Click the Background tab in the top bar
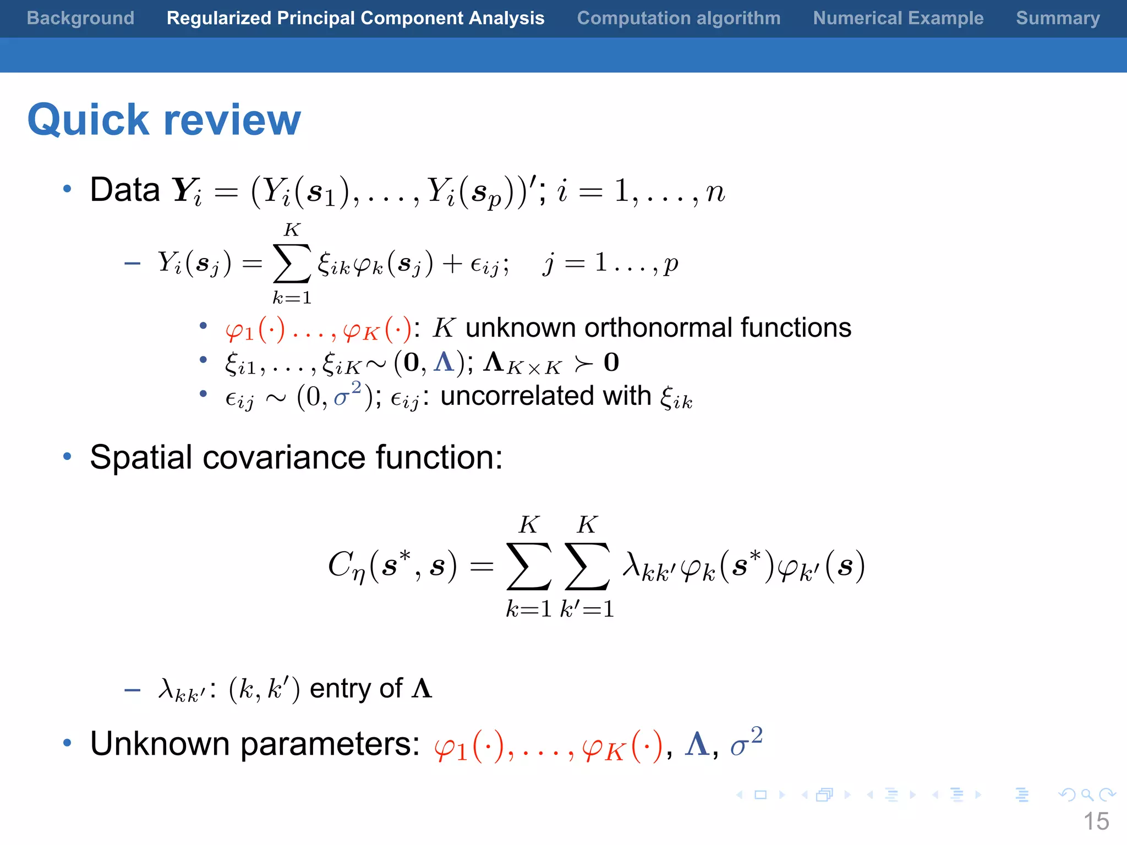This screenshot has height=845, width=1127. tap(80, 18)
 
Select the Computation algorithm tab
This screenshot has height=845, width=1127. tap(679, 18)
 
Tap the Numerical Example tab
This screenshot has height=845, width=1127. tap(898, 18)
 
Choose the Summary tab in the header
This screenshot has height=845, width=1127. tap(1058, 18)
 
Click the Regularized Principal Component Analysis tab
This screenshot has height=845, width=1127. tap(355, 18)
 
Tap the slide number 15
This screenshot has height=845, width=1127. tap(1096, 821)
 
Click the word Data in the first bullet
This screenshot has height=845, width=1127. tap(125, 190)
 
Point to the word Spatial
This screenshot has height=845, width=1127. tap(141, 458)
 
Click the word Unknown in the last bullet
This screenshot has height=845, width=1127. tap(160, 744)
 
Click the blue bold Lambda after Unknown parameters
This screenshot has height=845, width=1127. tap(697, 744)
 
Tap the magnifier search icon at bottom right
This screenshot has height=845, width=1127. tap(1087, 795)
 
